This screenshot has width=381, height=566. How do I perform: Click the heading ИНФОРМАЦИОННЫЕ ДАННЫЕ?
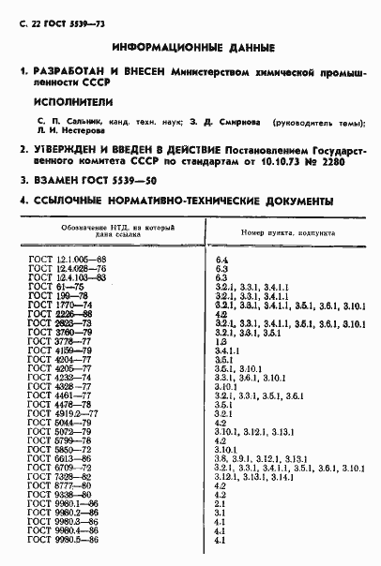192,46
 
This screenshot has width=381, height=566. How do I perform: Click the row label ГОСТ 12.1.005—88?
66,258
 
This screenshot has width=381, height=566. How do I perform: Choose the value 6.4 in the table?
221,258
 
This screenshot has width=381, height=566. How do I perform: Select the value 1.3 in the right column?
221,342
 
